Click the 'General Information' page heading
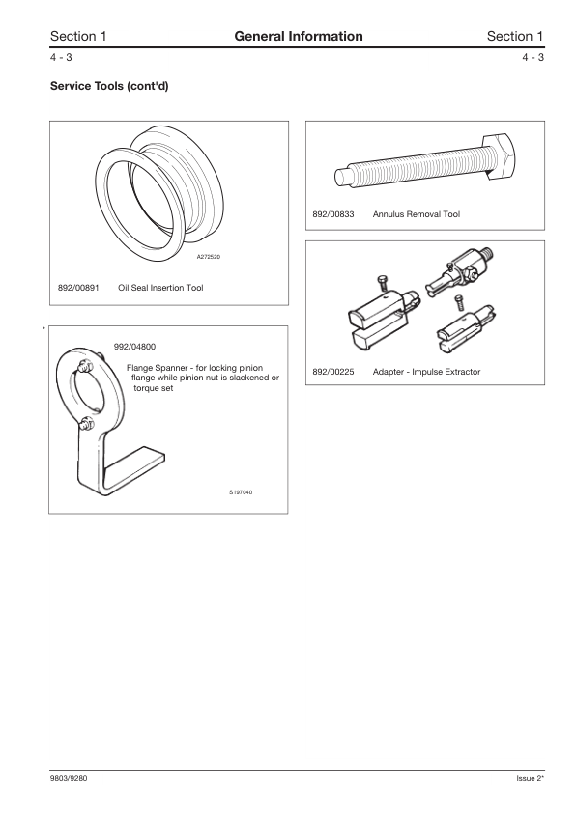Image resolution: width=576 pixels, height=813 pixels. (298, 36)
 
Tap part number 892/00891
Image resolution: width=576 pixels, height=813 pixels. (78, 288)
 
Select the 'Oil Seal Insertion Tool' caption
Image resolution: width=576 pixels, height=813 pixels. (160, 288)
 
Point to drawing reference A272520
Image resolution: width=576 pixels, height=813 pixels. (209, 256)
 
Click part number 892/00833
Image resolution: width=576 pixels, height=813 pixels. (332, 214)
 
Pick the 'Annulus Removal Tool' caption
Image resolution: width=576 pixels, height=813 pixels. (410, 214)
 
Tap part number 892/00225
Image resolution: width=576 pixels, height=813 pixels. (332, 372)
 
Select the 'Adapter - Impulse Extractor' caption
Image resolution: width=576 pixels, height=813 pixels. (426, 372)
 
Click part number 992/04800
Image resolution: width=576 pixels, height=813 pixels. (134, 346)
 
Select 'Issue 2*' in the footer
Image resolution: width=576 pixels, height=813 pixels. (531, 778)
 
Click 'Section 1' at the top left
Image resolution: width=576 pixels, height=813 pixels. (78, 36)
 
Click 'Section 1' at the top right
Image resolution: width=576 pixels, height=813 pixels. (515, 36)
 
